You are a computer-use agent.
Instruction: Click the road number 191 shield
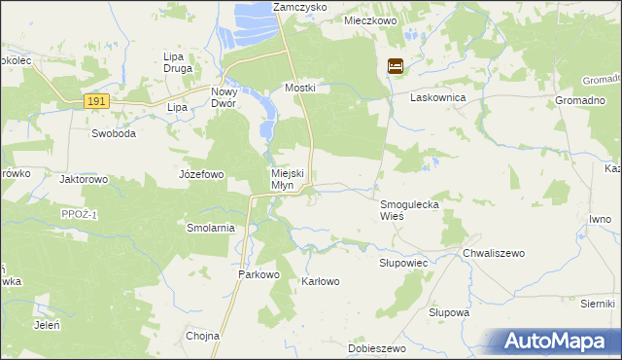point(94,100)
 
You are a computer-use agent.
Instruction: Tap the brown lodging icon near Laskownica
point(397,67)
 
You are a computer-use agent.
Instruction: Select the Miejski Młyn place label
point(287,180)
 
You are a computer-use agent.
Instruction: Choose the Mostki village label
point(300,88)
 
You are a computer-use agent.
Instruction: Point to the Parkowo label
point(259,275)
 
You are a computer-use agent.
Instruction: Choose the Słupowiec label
point(402,263)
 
